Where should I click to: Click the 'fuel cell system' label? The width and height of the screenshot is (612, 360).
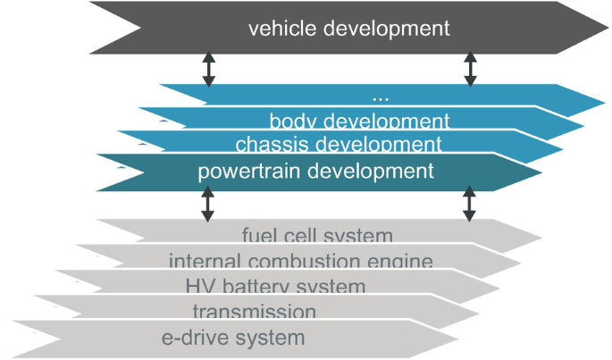(x=317, y=237)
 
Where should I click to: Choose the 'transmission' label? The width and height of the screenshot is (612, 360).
(x=254, y=312)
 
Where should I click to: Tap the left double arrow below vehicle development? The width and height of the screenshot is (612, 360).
(x=208, y=68)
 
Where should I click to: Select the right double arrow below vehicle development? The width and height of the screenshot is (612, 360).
(x=470, y=68)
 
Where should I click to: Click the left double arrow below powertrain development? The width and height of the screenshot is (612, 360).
(x=208, y=203)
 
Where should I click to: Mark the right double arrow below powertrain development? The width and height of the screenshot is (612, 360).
(x=470, y=203)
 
